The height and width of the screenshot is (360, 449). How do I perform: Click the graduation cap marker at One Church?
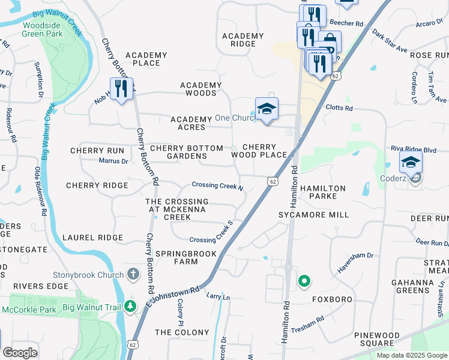tap(267, 109)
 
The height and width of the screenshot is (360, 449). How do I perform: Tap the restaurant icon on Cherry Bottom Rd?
tap(121, 89)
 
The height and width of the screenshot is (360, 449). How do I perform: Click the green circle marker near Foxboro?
tap(304, 281)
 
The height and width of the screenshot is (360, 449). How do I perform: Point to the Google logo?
tap(20, 352)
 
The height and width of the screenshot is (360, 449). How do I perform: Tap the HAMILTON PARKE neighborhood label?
tap(323, 193)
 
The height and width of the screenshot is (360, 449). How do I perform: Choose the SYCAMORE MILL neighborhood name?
tap(313, 214)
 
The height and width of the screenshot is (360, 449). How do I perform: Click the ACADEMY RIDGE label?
tap(243, 40)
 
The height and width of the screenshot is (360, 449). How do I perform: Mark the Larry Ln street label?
tap(218, 296)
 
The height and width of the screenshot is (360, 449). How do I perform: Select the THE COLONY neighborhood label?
tap(182, 332)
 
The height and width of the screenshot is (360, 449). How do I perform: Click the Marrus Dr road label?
tap(113, 161)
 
